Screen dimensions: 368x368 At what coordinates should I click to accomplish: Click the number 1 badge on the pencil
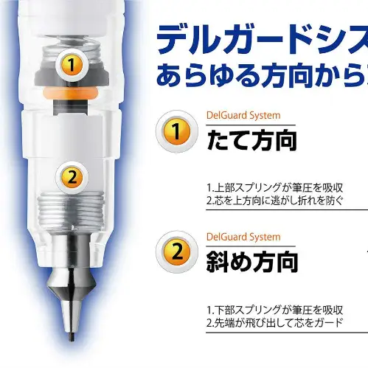click(72, 65)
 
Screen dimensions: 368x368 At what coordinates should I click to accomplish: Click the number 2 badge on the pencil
click(72, 177)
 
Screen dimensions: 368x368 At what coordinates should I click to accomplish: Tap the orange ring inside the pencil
click(70, 94)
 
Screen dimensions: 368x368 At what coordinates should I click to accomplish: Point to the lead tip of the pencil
click(72, 337)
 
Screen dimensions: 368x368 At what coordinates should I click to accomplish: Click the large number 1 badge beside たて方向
click(176, 131)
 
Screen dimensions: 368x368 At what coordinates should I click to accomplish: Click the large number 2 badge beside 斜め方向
click(176, 251)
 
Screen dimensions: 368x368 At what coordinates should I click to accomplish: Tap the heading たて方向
click(251, 140)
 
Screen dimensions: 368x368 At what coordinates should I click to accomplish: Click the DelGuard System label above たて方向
click(243, 115)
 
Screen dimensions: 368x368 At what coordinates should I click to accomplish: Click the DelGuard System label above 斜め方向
click(243, 237)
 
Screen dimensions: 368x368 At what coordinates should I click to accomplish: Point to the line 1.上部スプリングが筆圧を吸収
click(274, 188)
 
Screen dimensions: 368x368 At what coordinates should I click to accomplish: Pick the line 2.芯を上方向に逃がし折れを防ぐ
click(274, 201)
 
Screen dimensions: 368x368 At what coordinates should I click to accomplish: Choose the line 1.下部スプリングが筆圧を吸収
click(274, 310)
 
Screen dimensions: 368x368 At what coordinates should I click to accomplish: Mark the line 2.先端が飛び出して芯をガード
click(274, 323)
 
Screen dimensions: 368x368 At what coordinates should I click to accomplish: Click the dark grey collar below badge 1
click(72, 76)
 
